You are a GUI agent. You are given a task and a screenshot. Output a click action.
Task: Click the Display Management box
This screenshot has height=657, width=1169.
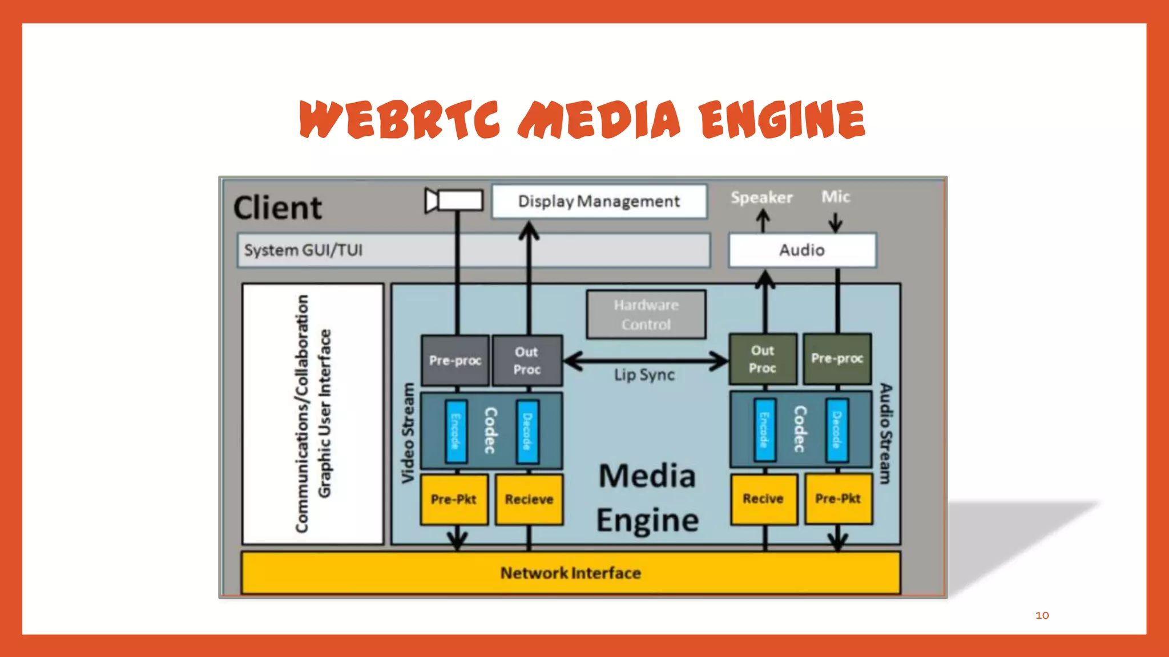tap(599, 201)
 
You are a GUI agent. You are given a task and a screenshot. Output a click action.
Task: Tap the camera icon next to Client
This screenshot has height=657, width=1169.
tap(454, 201)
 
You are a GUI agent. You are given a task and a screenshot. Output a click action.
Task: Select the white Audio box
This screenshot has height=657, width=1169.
tap(801, 250)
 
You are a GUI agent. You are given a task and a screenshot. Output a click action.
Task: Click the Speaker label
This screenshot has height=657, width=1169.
tap(761, 197)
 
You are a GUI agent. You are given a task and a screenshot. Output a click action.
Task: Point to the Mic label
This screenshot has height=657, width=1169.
tap(835, 197)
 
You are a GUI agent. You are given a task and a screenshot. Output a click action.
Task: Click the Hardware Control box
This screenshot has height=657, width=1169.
tap(646, 315)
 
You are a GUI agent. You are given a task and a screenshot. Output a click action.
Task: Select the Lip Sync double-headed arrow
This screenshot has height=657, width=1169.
tap(645, 360)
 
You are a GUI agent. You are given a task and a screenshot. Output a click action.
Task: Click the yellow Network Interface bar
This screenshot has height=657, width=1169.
tap(570, 573)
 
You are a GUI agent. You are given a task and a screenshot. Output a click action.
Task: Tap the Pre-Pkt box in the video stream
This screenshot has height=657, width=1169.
tap(454, 500)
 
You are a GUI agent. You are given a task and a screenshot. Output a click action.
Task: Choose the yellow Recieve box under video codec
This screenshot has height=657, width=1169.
tap(529, 500)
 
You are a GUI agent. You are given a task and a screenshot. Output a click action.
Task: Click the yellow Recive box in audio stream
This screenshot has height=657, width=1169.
tap(763, 499)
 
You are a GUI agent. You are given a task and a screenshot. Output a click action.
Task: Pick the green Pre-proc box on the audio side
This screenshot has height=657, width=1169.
tap(837, 359)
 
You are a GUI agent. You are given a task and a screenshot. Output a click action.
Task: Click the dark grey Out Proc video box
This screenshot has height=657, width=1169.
tap(527, 360)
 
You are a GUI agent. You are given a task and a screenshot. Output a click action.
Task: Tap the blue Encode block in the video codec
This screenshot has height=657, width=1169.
tap(455, 431)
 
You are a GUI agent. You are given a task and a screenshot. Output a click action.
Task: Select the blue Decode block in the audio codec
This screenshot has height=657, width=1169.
tap(836, 430)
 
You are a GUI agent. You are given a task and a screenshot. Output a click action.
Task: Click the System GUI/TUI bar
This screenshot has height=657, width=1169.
tap(473, 250)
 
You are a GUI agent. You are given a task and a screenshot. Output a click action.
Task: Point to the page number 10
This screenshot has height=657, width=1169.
tap(1042, 615)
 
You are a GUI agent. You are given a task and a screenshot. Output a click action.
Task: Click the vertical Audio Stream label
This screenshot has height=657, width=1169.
tap(885, 433)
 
